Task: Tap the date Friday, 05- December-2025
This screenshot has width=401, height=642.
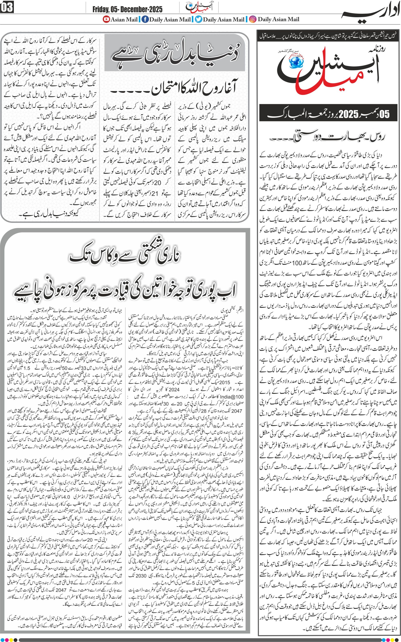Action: [x=127, y=10]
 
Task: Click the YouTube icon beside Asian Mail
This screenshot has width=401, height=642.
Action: [x=106, y=19]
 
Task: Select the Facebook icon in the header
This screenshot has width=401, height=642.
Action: [x=145, y=19]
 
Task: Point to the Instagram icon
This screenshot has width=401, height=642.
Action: [x=253, y=19]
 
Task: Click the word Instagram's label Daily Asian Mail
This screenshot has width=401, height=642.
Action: [x=278, y=19]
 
